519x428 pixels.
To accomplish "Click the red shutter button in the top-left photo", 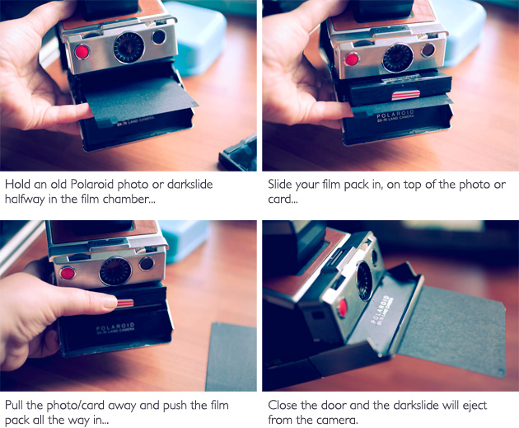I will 82,52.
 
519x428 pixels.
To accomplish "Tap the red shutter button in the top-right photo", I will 352,59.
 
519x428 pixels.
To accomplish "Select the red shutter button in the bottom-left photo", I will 68,273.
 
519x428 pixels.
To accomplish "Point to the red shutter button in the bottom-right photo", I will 341,308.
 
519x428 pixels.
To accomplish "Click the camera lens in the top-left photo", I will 128,47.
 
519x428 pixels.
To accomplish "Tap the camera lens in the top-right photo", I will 397,56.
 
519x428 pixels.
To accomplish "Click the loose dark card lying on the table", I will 231,355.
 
